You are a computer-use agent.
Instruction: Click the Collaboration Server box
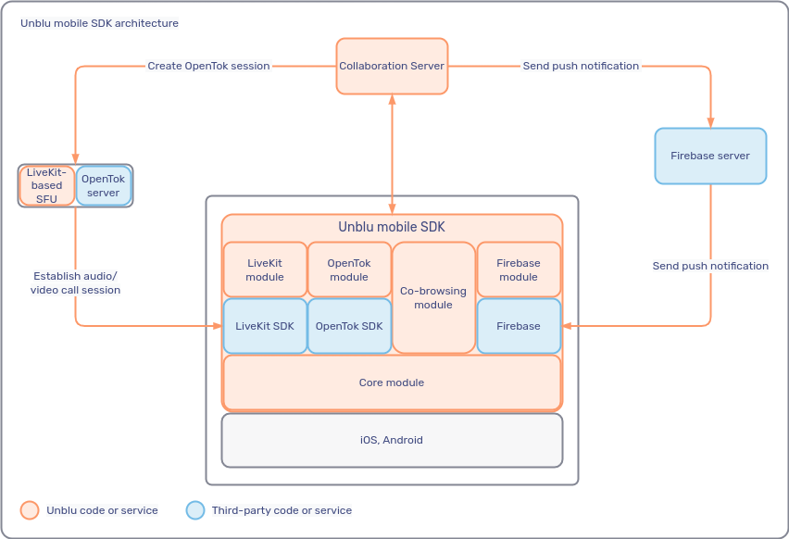tap(392, 66)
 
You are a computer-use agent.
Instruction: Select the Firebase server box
tap(710, 156)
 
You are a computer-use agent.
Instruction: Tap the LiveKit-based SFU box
tap(46, 185)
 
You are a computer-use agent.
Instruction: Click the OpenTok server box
tap(104, 185)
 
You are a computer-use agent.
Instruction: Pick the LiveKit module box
tap(265, 269)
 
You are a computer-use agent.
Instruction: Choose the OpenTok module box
tap(349, 269)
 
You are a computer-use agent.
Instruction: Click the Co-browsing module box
tap(433, 297)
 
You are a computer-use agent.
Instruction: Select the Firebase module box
tap(519, 269)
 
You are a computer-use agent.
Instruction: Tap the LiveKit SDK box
tap(265, 326)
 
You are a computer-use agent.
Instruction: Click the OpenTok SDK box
tap(349, 326)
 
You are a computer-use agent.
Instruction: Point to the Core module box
tap(392, 382)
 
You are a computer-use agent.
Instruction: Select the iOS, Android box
tap(392, 440)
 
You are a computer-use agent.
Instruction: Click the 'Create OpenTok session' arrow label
tap(208, 66)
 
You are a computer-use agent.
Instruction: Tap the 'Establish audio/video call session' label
tap(76, 282)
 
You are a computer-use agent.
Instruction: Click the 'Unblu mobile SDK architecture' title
tap(100, 23)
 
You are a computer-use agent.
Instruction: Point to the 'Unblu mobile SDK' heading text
tap(392, 226)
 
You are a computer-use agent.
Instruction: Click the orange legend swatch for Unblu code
tap(30, 510)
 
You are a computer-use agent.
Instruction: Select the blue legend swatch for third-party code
tap(195, 510)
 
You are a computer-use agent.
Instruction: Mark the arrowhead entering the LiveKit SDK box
tap(218, 326)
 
